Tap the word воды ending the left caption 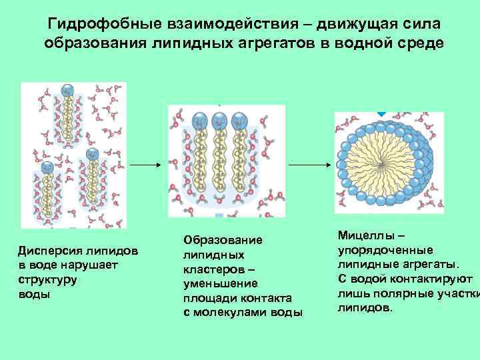tap(34, 293)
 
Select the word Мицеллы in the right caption tap(364, 236)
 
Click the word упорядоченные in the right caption tap(385, 250)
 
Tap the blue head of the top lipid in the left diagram tap(66, 91)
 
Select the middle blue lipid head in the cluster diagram tap(219, 121)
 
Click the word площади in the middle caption tap(206, 298)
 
